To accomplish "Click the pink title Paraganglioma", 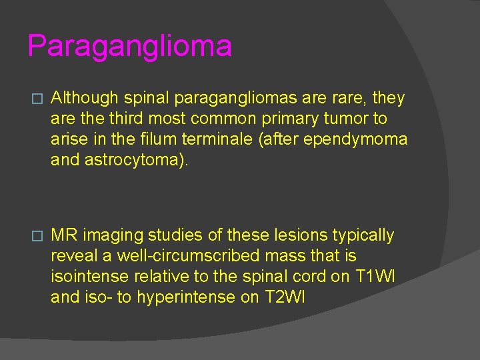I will click(130, 47).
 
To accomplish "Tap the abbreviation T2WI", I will click(285, 297).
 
